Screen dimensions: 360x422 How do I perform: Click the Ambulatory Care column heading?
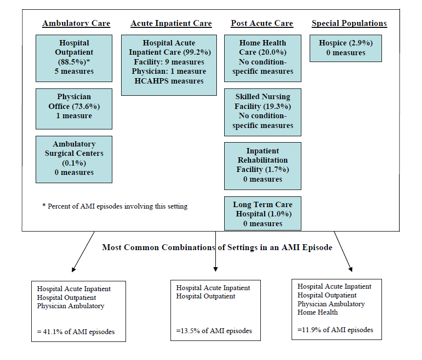pos(76,23)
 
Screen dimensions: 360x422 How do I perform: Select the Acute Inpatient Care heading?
pos(171,23)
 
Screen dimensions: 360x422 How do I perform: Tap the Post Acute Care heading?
pos(262,23)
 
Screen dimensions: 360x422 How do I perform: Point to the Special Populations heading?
pos(349,23)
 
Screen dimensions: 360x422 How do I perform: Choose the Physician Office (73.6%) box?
pos(74,106)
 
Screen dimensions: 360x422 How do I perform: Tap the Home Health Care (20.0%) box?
pos(263,58)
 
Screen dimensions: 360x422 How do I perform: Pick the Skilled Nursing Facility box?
pos(263,112)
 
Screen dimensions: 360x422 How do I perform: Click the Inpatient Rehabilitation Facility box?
pos(263,166)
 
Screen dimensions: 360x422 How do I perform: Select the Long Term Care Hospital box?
pos(263,213)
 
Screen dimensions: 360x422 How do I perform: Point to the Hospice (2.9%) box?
pos(345,48)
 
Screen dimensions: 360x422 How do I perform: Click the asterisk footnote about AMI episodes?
pos(115,206)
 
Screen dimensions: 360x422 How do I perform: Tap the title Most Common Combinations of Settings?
pos(217,247)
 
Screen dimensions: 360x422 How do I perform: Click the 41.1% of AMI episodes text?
pos(76,332)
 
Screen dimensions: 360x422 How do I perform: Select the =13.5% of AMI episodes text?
pos(214,331)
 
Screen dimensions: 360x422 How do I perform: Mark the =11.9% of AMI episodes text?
pos(336,330)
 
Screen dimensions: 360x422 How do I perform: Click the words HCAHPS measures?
pos(169,81)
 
